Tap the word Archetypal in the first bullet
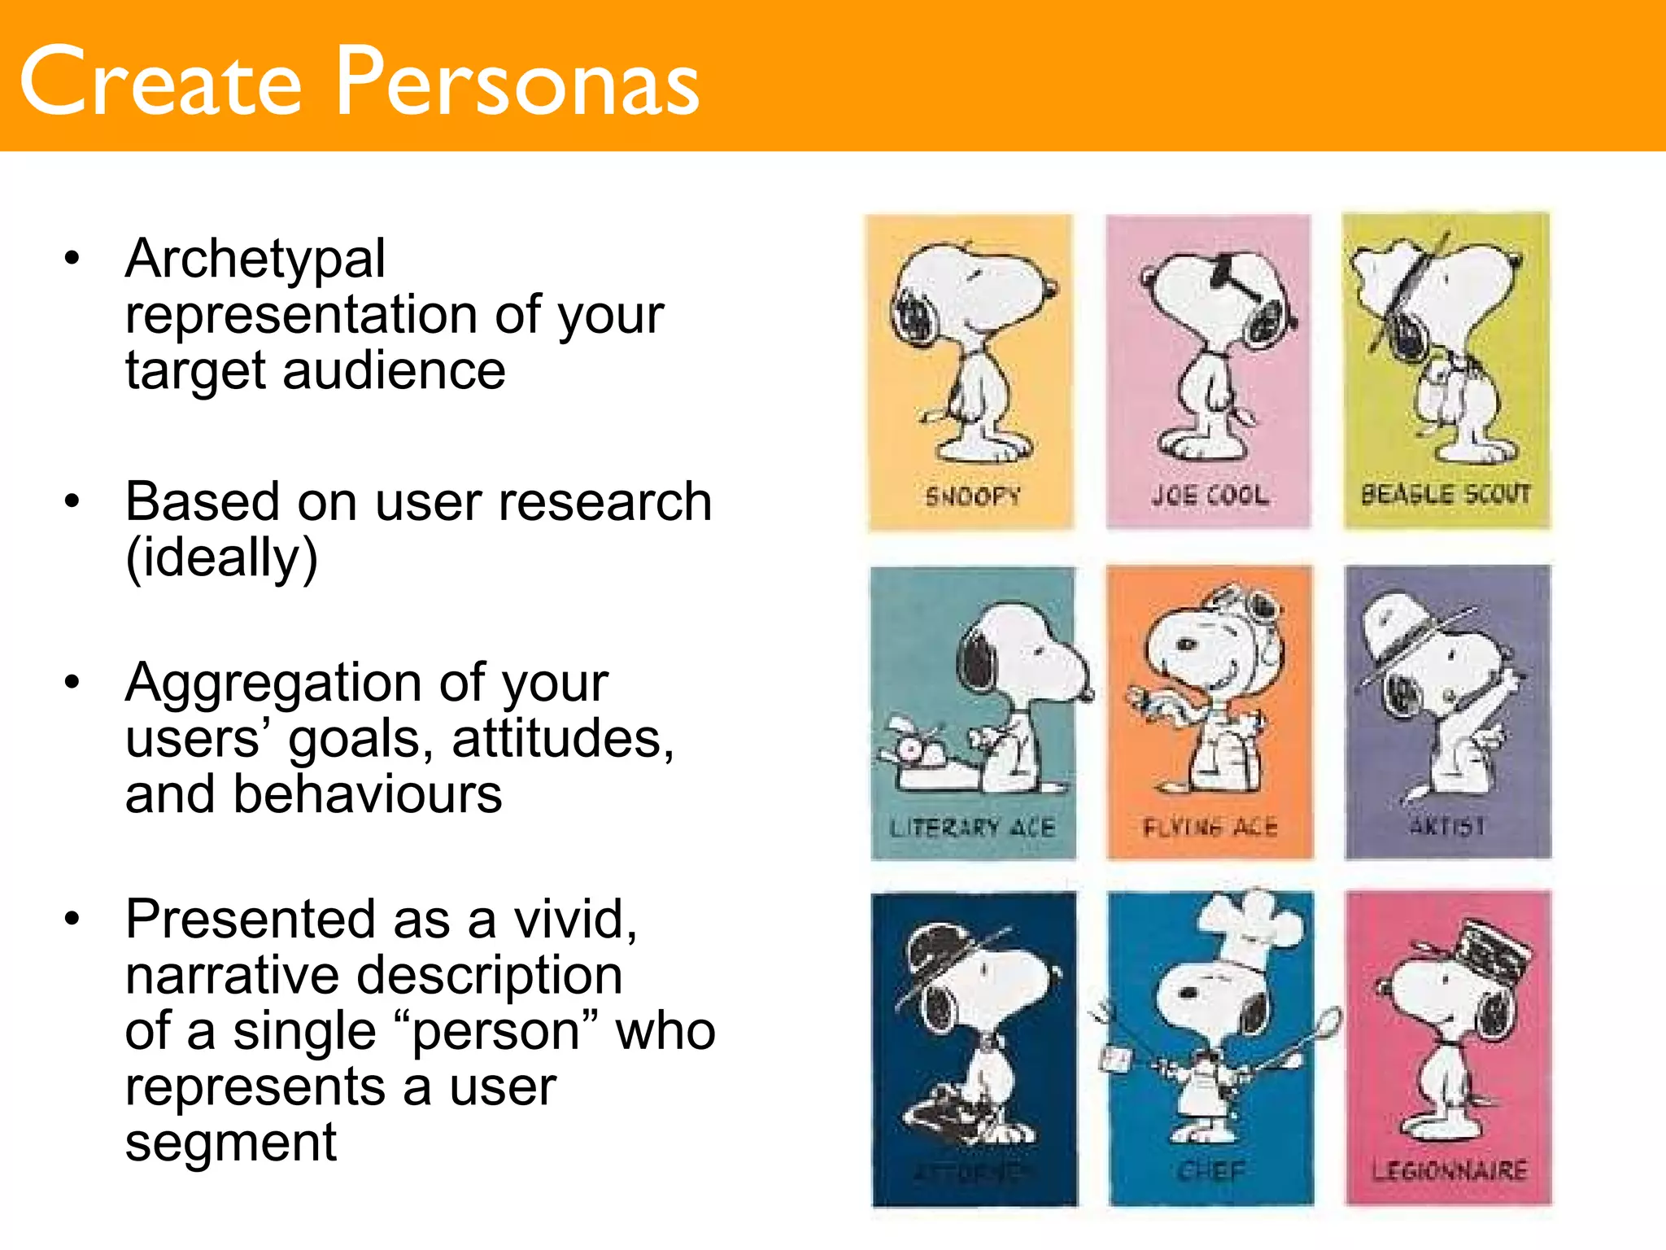pos(255,259)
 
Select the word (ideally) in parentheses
pos(221,558)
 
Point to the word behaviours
pos(368,794)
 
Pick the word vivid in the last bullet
pos(574,920)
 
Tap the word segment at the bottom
pos(230,1143)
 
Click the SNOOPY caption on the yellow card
pos(972,496)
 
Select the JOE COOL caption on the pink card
pos(1210,495)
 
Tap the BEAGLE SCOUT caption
pos(1446,493)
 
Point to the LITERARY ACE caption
pos(972,828)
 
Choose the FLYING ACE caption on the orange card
pos(1210,828)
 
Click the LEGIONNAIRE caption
pos(1449,1171)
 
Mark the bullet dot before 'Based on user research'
pos(72,501)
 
